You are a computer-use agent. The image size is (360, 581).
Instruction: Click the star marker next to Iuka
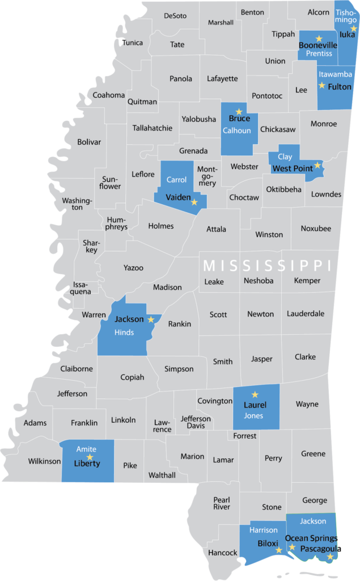point(354,28)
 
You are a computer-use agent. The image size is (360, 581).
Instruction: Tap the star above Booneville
point(319,38)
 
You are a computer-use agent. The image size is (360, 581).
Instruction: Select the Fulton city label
point(340,87)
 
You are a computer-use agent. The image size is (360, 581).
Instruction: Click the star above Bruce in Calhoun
point(239,111)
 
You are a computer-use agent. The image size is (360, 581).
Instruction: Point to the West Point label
point(293,169)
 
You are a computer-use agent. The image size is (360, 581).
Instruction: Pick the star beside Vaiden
point(194,202)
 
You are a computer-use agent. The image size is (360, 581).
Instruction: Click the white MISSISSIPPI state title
point(267,266)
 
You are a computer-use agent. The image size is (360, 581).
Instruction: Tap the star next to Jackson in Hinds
point(151,319)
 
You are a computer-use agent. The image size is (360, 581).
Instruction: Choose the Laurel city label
point(255,405)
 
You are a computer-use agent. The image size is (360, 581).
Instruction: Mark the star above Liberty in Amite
point(89,457)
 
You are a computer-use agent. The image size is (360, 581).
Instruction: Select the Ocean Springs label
point(311,538)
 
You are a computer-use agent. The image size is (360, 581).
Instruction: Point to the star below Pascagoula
point(330,557)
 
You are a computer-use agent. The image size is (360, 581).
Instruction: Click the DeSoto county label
point(175,16)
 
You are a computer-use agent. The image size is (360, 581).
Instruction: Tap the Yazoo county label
point(134,267)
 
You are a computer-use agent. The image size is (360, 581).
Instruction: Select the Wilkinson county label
point(44,461)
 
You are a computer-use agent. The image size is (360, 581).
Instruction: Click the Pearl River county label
point(222,503)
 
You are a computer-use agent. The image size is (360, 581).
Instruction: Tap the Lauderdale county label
point(306,313)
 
